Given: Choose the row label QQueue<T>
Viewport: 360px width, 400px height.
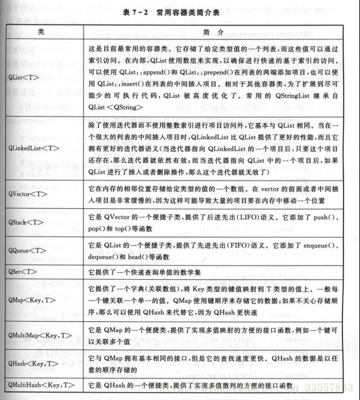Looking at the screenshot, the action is click(31, 249).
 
